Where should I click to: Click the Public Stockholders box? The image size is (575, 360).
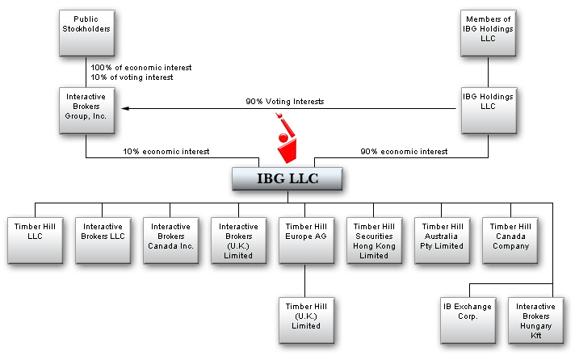[x=87, y=33]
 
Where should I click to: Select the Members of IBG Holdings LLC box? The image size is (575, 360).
[x=488, y=33]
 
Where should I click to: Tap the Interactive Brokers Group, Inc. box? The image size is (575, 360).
[x=87, y=111]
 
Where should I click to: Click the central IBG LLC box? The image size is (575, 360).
[x=287, y=179]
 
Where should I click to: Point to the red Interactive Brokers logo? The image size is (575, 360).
[x=286, y=138]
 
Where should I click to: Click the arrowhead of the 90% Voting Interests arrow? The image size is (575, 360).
[x=125, y=108]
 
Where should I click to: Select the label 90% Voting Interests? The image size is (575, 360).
[x=285, y=102]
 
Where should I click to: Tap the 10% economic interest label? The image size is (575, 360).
[x=166, y=152]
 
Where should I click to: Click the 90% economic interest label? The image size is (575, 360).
[x=404, y=152]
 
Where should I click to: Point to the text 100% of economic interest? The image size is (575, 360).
[x=141, y=68]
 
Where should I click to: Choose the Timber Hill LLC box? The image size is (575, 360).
[x=36, y=241]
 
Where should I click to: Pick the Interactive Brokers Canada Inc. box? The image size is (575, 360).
[x=171, y=241]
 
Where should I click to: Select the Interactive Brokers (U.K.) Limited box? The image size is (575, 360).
[x=239, y=241]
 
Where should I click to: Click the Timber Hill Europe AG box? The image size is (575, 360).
[x=307, y=241]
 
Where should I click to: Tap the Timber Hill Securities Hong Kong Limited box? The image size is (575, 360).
[x=375, y=241]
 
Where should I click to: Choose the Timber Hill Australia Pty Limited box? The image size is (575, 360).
[x=443, y=241]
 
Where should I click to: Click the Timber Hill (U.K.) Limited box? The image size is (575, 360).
[x=307, y=320]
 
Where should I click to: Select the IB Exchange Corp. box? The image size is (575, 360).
[x=468, y=320]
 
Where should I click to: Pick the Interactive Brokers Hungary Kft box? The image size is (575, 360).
[x=535, y=320]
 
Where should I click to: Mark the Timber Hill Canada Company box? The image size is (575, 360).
[x=510, y=241]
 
